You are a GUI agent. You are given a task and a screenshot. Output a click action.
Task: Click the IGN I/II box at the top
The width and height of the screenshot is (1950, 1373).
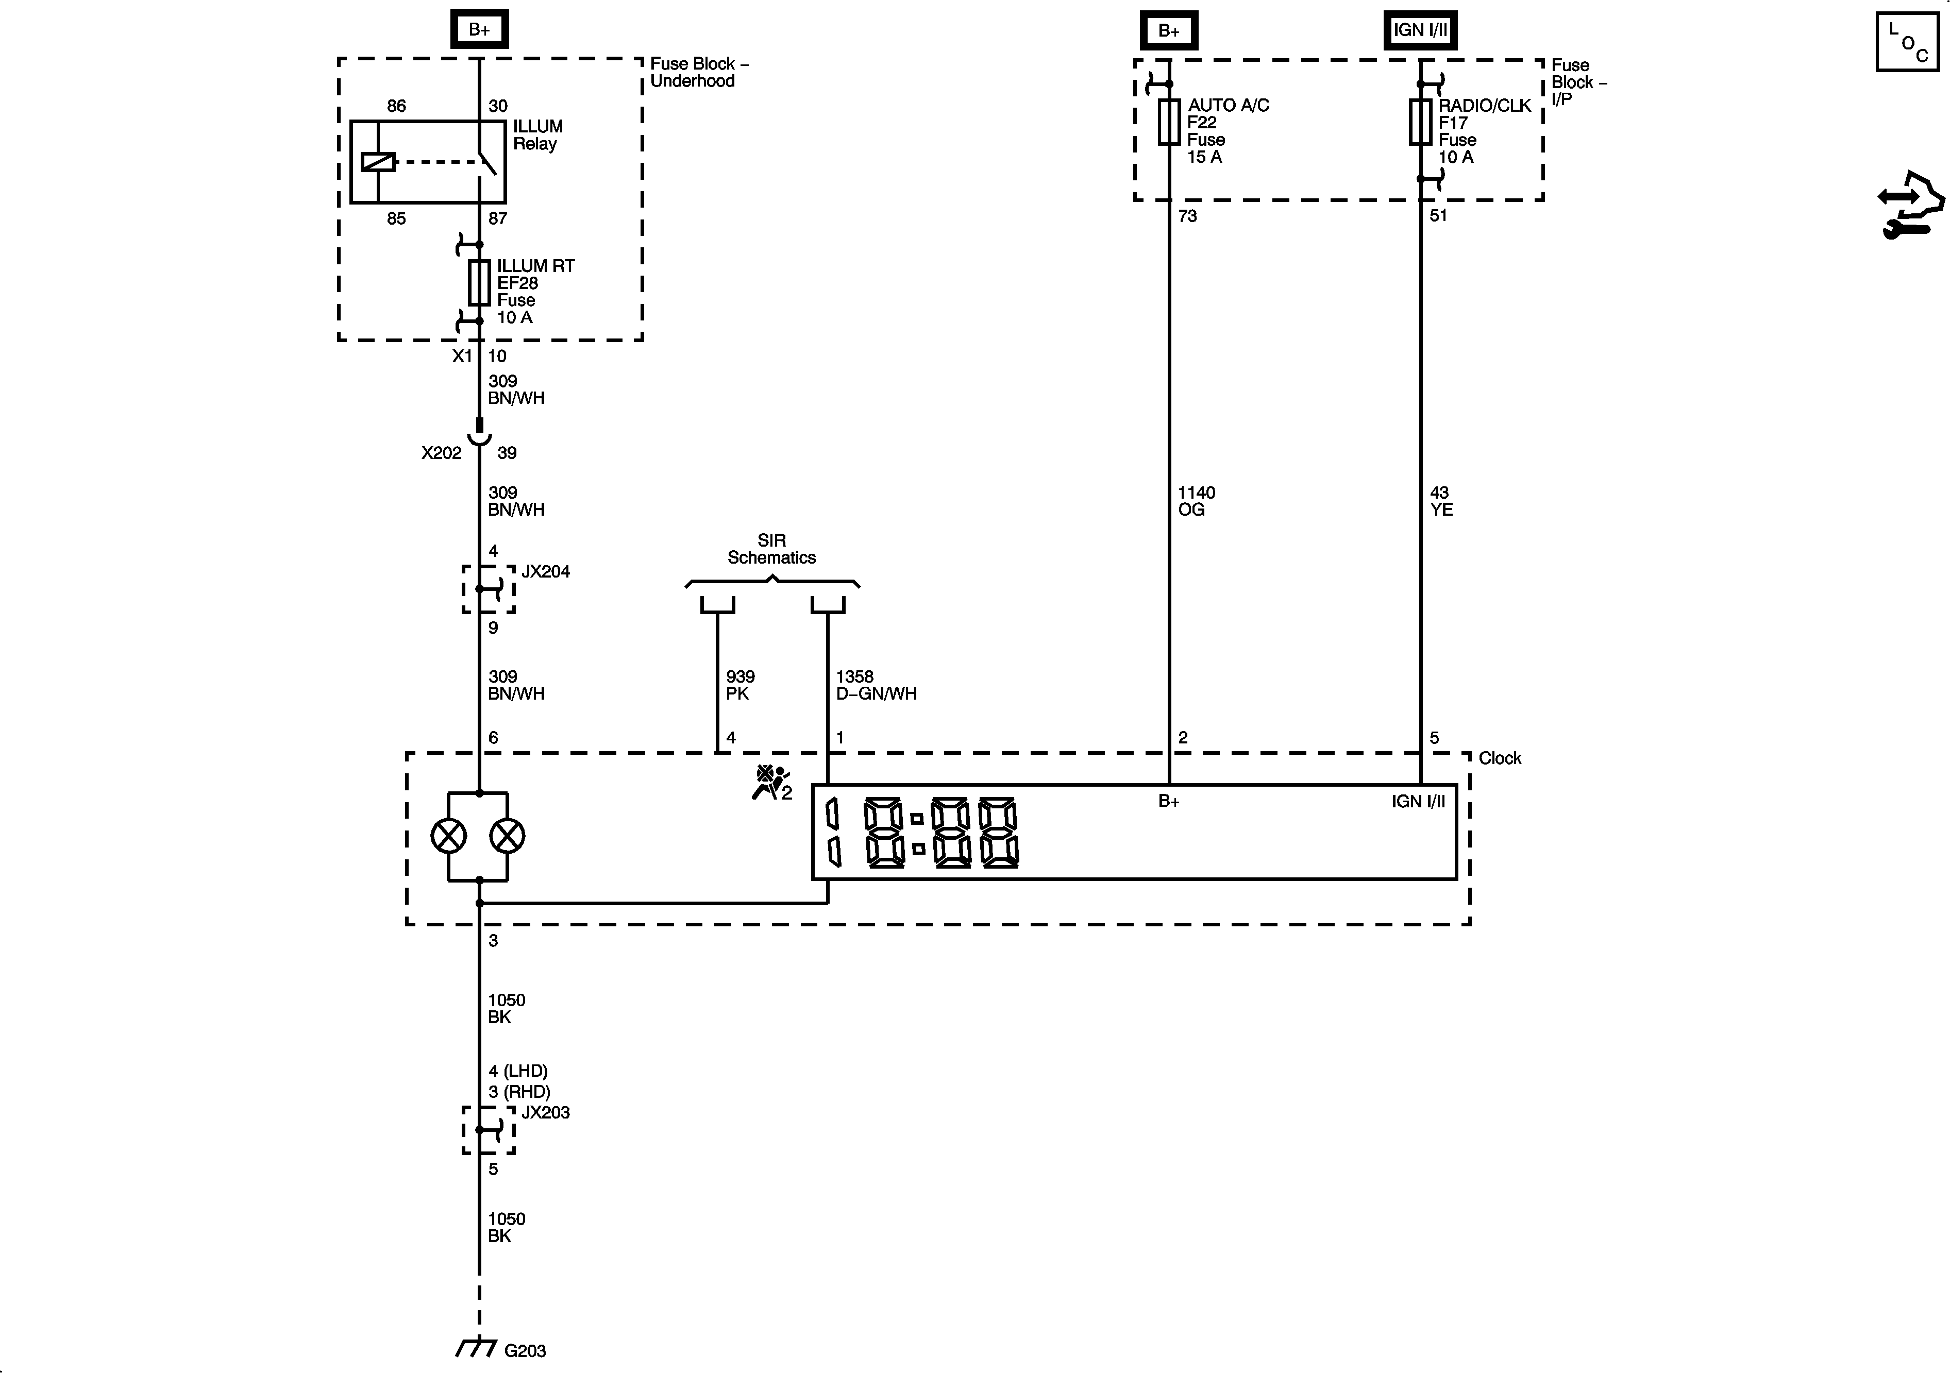[x=1420, y=30]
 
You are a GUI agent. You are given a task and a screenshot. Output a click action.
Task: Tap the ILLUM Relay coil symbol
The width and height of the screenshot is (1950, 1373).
[x=378, y=161]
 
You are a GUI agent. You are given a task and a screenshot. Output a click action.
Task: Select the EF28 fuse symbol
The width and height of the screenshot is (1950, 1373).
[x=479, y=283]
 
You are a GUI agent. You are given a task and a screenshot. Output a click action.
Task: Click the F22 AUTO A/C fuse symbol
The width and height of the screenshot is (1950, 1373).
[x=1169, y=122]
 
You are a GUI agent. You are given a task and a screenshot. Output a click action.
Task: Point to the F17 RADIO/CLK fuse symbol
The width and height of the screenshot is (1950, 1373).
[x=1420, y=122]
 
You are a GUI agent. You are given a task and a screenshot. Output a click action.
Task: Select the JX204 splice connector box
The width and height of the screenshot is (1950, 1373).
[x=489, y=588]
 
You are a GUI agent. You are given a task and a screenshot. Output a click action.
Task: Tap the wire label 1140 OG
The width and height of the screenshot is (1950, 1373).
[x=1196, y=501]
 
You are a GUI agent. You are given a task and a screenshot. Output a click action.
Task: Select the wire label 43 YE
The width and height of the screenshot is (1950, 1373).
[x=1441, y=501]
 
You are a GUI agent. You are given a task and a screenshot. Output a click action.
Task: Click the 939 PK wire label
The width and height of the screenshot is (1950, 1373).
[x=739, y=684]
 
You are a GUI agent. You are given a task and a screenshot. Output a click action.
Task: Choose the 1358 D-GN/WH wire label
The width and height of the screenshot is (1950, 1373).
[x=876, y=684]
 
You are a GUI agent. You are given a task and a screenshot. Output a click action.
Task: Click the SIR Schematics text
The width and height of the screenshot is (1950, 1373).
[x=771, y=549]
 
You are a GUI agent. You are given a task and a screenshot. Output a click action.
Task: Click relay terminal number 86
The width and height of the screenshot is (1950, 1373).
[x=397, y=106]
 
